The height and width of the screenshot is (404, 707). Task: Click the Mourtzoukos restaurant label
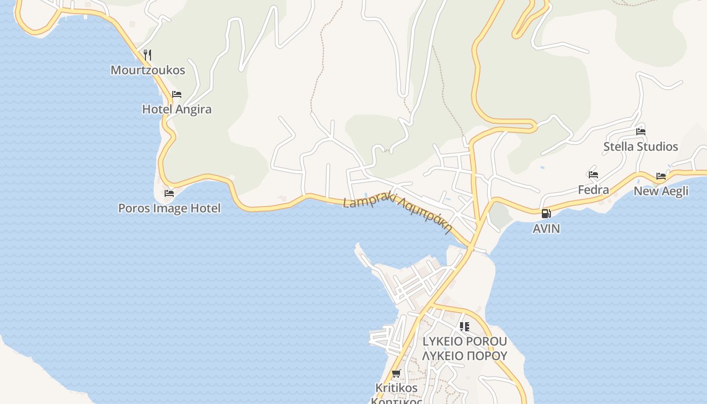[148, 70]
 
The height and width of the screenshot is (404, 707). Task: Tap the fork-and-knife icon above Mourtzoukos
[147, 55]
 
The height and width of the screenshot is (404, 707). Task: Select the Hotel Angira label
[177, 109]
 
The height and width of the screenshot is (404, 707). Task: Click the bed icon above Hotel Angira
[176, 94]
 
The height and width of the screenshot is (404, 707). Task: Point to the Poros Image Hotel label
[169, 208]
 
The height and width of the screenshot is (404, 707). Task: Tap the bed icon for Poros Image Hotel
[169, 193]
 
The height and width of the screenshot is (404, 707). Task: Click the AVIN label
[546, 229]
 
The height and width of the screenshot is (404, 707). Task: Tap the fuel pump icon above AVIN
[546, 214]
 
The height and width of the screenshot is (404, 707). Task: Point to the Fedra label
[593, 190]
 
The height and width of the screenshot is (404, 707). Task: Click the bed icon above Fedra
[593, 175]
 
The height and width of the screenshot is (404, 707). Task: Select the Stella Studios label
[641, 146]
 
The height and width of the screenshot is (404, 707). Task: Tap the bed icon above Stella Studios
[641, 131]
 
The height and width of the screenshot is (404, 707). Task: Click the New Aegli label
[661, 191]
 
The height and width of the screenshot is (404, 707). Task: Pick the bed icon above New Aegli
[661, 176]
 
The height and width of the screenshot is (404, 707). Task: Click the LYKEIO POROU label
[465, 341]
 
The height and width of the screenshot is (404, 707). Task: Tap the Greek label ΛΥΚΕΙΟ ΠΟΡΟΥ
[465, 356]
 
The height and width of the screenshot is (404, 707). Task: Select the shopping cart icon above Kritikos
[396, 374]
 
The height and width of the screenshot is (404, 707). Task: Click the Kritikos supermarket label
[396, 388]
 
